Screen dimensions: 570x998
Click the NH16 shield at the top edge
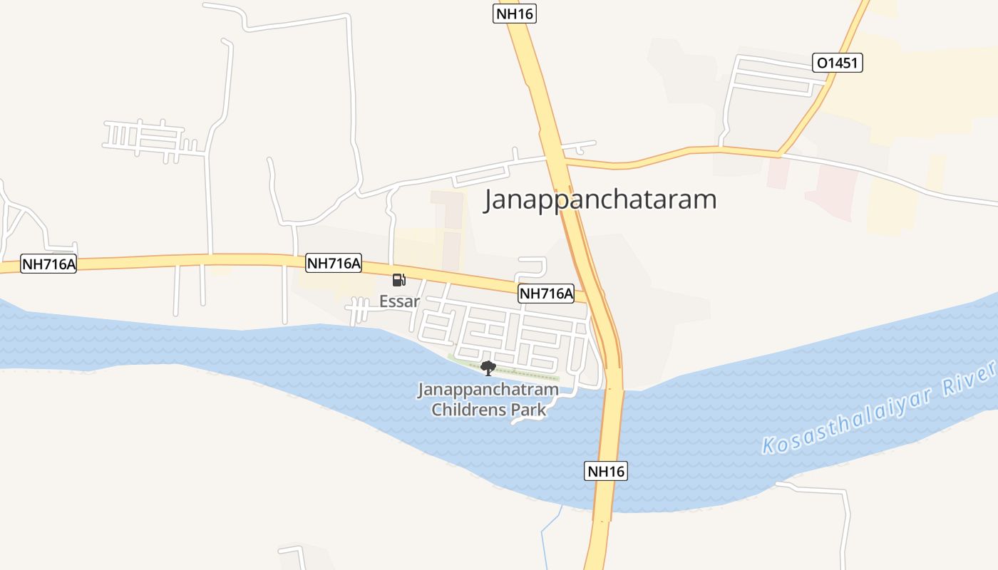click(x=514, y=13)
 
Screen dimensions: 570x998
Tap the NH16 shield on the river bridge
click(x=607, y=470)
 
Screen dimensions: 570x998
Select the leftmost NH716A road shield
click(x=48, y=264)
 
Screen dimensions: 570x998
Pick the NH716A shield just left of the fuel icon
click(x=334, y=263)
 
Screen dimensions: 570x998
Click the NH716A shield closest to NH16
click(x=546, y=293)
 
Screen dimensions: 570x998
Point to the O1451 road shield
click(x=838, y=63)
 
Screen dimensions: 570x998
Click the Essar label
click(x=399, y=301)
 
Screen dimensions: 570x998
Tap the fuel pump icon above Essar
click(x=399, y=280)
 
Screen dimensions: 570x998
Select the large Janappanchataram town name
click(x=600, y=199)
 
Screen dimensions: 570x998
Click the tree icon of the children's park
click(x=488, y=368)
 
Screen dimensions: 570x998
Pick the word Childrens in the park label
click(x=464, y=410)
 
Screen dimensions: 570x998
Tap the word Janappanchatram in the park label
click(x=488, y=390)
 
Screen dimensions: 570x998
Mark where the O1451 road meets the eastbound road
click(x=778, y=152)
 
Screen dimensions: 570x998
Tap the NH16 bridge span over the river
click(x=612, y=435)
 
